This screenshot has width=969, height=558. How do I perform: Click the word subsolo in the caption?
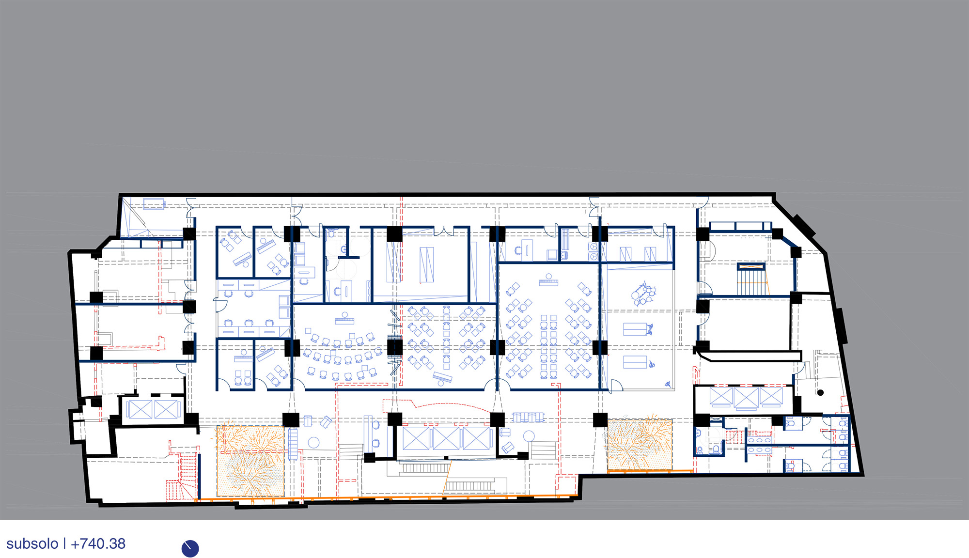pyautogui.click(x=32, y=544)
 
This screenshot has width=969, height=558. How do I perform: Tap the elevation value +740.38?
pyautogui.click(x=98, y=544)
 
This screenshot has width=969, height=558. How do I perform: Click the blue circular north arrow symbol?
pyautogui.click(x=190, y=548)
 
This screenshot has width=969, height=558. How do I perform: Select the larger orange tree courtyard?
pyautogui.click(x=250, y=461)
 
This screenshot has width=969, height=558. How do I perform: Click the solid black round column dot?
pyautogui.click(x=820, y=392)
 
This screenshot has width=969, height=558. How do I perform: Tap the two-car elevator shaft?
pyautogui.click(x=152, y=410)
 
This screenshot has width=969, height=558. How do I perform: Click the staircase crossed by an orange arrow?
pyautogui.click(x=751, y=279)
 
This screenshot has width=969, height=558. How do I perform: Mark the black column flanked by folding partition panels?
pyautogui.click(x=395, y=347)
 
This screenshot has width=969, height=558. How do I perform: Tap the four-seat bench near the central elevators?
pyautogui.click(x=528, y=417)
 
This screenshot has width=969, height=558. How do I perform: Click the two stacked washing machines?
pyautogui.click(x=593, y=252)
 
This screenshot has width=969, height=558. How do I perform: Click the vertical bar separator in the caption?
pyautogui.click(x=64, y=544)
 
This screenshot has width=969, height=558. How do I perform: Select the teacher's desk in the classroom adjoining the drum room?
pyautogui.click(x=548, y=280)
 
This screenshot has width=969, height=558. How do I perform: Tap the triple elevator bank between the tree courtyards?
pyautogui.click(x=446, y=438)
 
